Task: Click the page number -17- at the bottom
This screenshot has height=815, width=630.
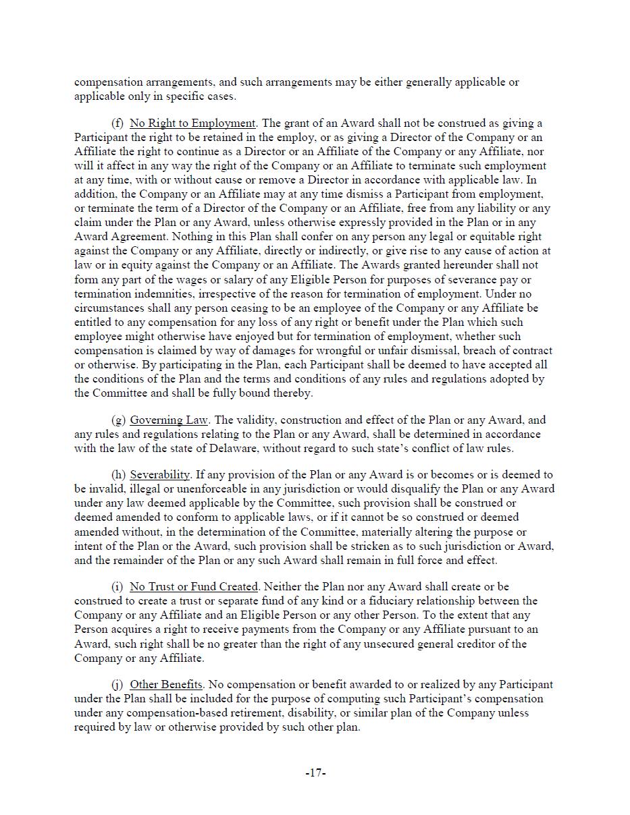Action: [x=315, y=773]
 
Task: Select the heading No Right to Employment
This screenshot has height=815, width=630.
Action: [x=192, y=123]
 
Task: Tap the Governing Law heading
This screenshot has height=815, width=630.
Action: [x=169, y=420]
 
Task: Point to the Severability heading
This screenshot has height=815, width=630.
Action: [x=160, y=475]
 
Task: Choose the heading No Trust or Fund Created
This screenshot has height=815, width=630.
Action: [x=194, y=587]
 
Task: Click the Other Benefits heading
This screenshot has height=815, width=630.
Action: [x=166, y=685]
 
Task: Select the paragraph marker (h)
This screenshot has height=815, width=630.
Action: [x=118, y=475]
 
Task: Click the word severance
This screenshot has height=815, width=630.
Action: [x=467, y=280]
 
